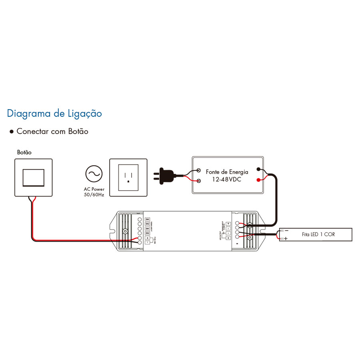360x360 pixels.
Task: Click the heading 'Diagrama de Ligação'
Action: (x=54, y=114)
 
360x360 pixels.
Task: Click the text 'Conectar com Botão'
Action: (x=52, y=131)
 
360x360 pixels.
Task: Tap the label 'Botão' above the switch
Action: (x=24, y=152)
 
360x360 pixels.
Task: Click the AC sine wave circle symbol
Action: (x=94, y=174)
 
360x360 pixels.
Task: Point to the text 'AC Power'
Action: (x=94, y=189)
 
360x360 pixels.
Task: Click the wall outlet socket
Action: (x=128, y=178)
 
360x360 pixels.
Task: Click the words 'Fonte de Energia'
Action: (x=227, y=172)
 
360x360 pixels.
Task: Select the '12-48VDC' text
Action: (x=227, y=180)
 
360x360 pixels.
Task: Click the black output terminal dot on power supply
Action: (x=260, y=170)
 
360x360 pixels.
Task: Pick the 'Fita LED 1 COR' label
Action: (x=318, y=234)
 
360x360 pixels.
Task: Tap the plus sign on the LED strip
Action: (x=286, y=239)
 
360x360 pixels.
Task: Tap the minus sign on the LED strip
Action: (x=286, y=230)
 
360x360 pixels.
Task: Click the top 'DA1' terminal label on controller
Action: (x=147, y=220)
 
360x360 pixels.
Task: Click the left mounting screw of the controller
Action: (x=125, y=232)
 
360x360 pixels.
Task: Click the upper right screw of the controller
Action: (x=250, y=226)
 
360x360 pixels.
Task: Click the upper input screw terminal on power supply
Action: (x=199, y=170)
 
